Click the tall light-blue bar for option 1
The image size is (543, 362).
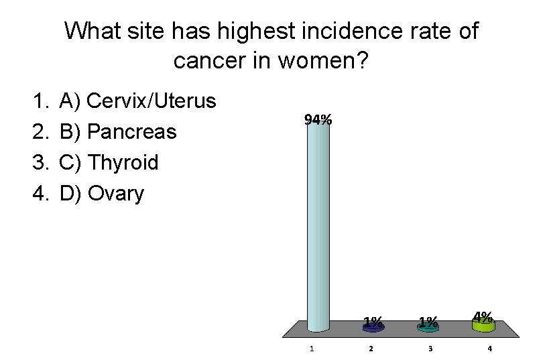[318, 228]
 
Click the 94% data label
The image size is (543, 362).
[318, 120]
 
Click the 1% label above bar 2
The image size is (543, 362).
[373, 321]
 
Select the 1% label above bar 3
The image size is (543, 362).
[428, 321]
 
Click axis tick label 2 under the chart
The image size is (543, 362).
[371, 349]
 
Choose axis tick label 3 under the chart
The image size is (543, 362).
[430, 349]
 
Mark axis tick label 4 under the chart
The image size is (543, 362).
[489, 349]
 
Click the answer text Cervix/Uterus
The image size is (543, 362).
[152, 101]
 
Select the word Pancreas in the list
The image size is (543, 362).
[132, 132]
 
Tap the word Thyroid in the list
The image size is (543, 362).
[123, 163]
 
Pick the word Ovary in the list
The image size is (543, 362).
[116, 194]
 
